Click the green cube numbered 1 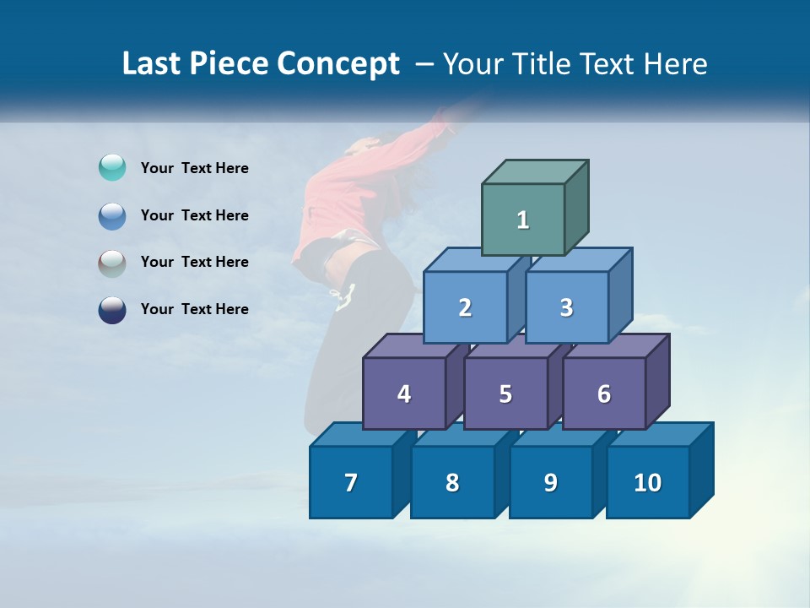tap(523, 220)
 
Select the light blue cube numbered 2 tap(465, 307)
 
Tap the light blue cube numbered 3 tap(566, 307)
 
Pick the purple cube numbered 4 tap(404, 394)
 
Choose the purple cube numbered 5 tap(505, 394)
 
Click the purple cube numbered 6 tap(604, 394)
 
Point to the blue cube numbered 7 tap(351, 482)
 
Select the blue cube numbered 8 tap(452, 482)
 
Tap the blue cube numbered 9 tap(550, 482)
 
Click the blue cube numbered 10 tap(648, 482)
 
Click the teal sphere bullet tap(112, 168)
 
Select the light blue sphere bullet tap(112, 215)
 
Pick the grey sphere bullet tap(112, 263)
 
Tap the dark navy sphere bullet tap(112, 310)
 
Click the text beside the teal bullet tap(194, 168)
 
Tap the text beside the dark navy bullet tap(194, 309)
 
